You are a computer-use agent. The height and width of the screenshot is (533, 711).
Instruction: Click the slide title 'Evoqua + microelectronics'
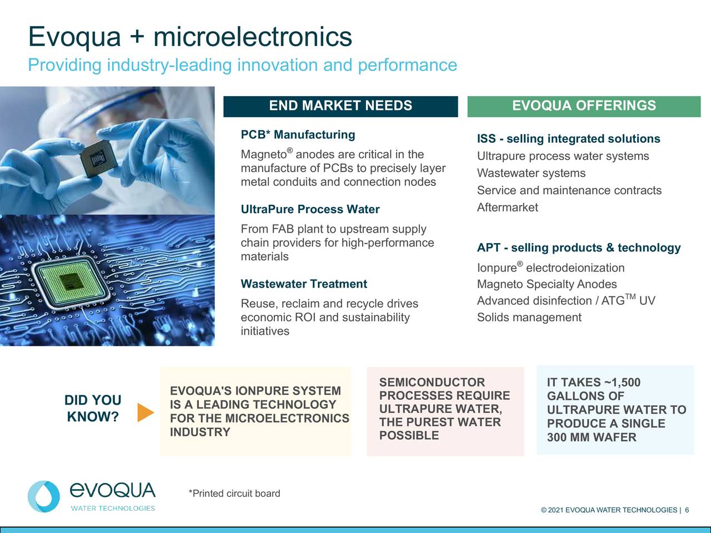click(190, 37)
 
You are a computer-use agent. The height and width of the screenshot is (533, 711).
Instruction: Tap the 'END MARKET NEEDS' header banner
click(341, 106)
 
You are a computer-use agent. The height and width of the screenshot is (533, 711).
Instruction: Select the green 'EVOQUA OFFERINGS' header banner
click(584, 106)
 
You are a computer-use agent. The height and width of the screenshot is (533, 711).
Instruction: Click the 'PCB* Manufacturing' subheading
click(298, 135)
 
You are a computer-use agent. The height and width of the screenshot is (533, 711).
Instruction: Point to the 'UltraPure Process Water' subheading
click(310, 209)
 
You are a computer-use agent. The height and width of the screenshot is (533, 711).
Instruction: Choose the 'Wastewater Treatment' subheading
click(304, 284)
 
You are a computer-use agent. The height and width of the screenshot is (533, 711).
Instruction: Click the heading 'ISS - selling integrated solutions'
click(568, 139)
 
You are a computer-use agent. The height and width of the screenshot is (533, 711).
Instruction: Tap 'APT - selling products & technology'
click(578, 248)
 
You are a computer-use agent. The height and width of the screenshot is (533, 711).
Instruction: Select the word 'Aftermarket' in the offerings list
click(507, 208)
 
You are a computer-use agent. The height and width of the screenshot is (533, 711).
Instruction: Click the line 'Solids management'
click(529, 318)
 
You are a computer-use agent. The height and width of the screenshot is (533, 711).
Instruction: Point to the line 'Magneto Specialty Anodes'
click(547, 284)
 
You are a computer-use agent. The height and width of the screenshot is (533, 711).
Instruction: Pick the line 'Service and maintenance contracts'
click(569, 190)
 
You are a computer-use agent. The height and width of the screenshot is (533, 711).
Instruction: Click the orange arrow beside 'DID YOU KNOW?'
click(145, 411)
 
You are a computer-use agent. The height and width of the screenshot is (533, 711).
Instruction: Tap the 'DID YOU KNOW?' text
click(93, 409)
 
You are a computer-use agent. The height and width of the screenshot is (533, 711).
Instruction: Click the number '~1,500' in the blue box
click(621, 383)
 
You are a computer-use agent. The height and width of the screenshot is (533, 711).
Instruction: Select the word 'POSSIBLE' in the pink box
click(409, 435)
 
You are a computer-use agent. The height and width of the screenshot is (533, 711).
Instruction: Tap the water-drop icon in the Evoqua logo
click(44, 496)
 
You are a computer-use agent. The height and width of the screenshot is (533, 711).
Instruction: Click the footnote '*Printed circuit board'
click(234, 494)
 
